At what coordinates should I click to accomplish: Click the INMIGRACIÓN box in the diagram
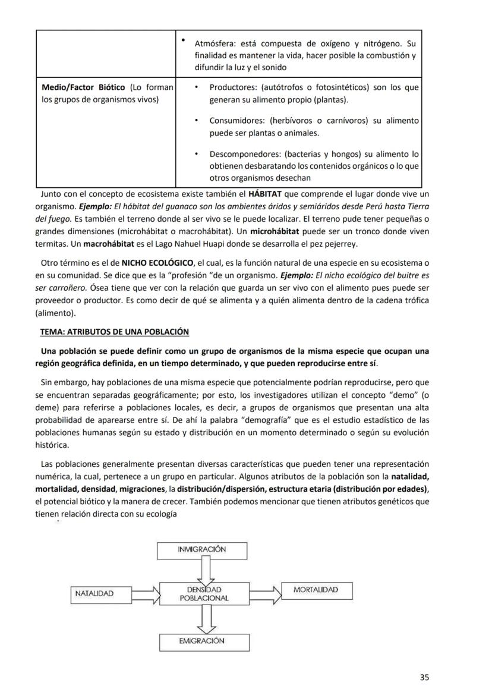click(x=202, y=550)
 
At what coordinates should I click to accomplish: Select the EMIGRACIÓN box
click(x=202, y=641)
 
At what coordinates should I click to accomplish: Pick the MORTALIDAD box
click(x=316, y=590)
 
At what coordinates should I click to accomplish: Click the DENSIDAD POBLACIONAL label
click(x=204, y=593)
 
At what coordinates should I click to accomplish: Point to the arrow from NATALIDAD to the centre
click(x=144, y=593)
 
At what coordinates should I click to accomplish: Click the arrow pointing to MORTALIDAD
click(x=266, y=593)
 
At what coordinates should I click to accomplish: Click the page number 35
click(x=424, y=677)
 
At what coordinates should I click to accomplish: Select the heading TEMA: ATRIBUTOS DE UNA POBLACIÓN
click(x=115, y=332)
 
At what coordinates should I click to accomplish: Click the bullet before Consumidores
click(x=197, y=121)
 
